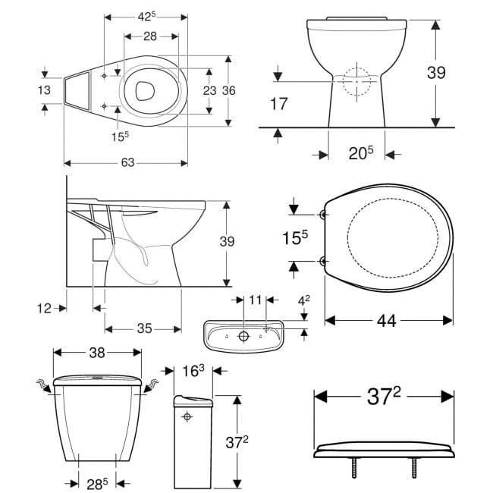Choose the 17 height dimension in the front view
(x=279, y=104)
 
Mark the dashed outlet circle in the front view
(x=357, y=81)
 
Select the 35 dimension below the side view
(x=144, y=328)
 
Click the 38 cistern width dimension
(x=97, y=353)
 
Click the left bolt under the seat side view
(x=353, y=468)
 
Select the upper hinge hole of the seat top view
(x=324, y=215)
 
